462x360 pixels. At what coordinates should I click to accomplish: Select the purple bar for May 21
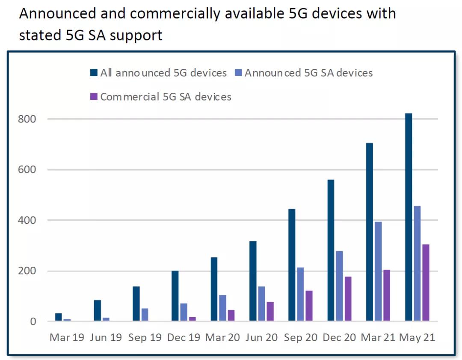426,283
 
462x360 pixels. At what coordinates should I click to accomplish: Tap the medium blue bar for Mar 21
378,271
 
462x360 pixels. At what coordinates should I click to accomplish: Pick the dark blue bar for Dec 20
331,250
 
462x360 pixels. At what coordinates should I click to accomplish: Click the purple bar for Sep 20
309,306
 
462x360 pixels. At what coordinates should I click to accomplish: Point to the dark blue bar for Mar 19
59,317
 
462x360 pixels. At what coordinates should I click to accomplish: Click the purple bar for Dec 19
192,319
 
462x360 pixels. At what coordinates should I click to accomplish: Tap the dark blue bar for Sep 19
136,304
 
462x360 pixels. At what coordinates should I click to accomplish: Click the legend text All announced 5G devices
163,73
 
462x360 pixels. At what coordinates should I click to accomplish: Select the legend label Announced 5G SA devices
308,73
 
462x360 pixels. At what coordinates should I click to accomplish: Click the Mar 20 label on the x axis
223,337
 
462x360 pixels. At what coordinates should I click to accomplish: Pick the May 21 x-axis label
417,337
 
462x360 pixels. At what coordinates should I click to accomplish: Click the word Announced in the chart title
58,14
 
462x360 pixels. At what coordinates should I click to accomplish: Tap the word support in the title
136,35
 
